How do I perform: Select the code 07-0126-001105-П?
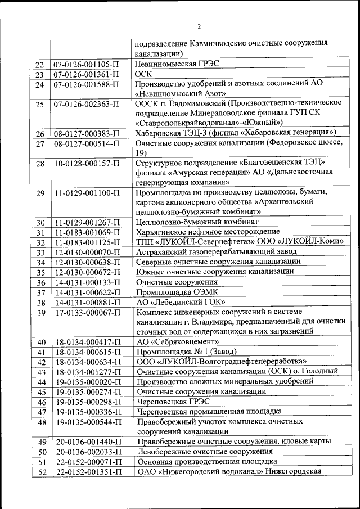(x=87, y=64)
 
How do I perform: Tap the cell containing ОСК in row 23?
(x=144, y=74)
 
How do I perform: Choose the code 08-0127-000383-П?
(x=87, y=134)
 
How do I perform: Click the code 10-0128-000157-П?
(x=87, y=164)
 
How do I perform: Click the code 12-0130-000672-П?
(x=87, y=272)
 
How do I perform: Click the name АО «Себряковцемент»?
(x=177, y=341)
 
